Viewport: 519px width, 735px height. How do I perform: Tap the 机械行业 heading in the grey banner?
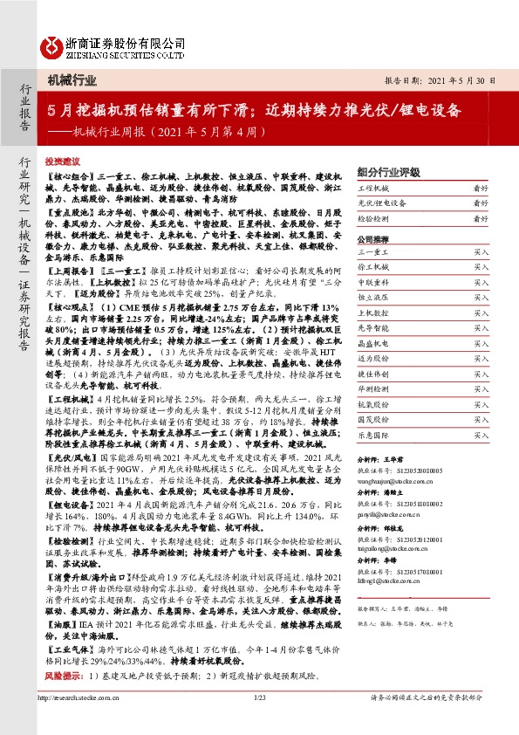[x=72, y=80]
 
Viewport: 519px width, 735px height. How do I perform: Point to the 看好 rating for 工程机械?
[x=480, y=188]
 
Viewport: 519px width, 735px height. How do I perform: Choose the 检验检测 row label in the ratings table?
[x=372, y=218]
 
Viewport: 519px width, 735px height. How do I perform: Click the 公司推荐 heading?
[x=373, y=237]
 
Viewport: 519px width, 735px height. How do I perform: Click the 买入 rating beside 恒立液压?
[x=481, y=297]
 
